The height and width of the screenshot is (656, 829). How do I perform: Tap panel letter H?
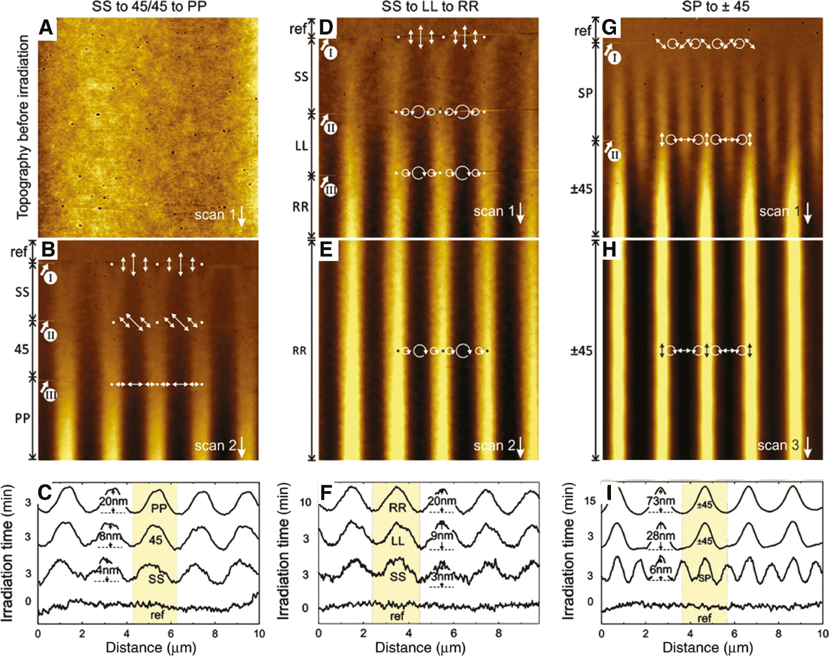(x=609, y=249)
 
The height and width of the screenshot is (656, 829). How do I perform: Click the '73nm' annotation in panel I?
(x=661, y=501)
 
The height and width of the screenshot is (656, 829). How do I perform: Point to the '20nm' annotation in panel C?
(x=113, y=501)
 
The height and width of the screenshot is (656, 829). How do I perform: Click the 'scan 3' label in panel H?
(x=778, y=445)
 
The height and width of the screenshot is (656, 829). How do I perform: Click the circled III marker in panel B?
(x=50, y=395)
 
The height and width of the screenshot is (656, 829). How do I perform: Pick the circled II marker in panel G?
(x=614, y=155)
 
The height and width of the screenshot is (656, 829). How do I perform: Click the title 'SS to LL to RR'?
(x=430, y=7)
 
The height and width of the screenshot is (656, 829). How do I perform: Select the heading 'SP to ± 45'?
(x=715, y=7)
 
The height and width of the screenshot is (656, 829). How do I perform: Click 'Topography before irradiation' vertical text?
(x=23, y=128)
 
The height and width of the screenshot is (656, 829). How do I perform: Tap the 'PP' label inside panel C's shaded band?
(x=159, y=509)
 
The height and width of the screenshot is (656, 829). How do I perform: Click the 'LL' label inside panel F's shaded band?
(x=397, y=542)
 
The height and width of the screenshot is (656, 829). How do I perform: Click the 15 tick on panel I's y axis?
(x=590, y=501)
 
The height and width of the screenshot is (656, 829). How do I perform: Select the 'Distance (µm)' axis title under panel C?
(x=150, y=647)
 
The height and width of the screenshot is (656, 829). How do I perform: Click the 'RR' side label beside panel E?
(x=299, y=351)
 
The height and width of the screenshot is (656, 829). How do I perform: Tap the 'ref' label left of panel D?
(x=298, y=29)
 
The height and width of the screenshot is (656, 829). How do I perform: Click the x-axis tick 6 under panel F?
(x=454, y=633)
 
